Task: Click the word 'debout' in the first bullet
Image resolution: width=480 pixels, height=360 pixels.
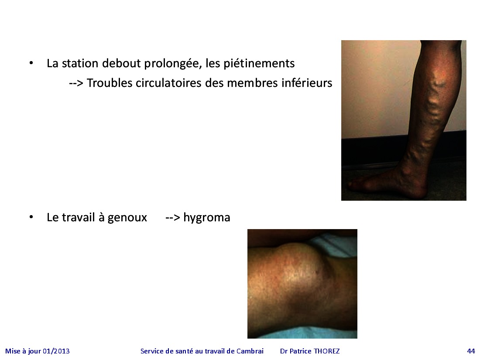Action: (121, 63)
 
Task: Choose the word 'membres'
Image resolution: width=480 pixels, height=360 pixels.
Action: (247, 83)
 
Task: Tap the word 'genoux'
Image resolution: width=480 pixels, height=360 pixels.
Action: (127, 218)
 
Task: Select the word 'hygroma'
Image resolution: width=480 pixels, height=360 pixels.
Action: (207, 218)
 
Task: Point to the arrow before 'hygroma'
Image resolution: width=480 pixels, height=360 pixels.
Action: (172, 218)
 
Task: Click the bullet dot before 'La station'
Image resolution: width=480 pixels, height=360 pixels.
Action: (31, 63)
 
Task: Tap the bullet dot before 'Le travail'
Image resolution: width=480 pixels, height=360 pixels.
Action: (31, 217)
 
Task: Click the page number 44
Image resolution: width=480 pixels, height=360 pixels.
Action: (471, 351)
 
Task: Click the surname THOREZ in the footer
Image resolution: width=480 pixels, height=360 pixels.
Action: (327, 351)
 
